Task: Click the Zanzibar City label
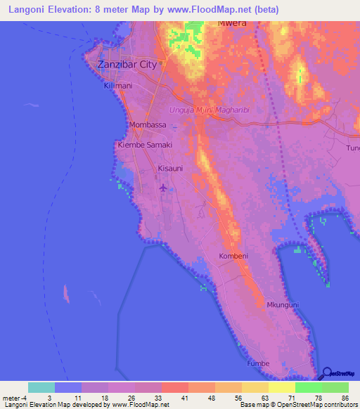pos(127,64)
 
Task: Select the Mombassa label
pos(148,125)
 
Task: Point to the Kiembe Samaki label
pos(144,145)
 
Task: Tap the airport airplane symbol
pos(164,188)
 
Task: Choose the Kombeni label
pos(233,256)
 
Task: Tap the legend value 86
pos(345,398)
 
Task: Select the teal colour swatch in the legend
pos(41,387)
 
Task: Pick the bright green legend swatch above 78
pos(309,387)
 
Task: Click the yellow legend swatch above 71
pos(282,387)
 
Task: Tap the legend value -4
pos(24,398)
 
